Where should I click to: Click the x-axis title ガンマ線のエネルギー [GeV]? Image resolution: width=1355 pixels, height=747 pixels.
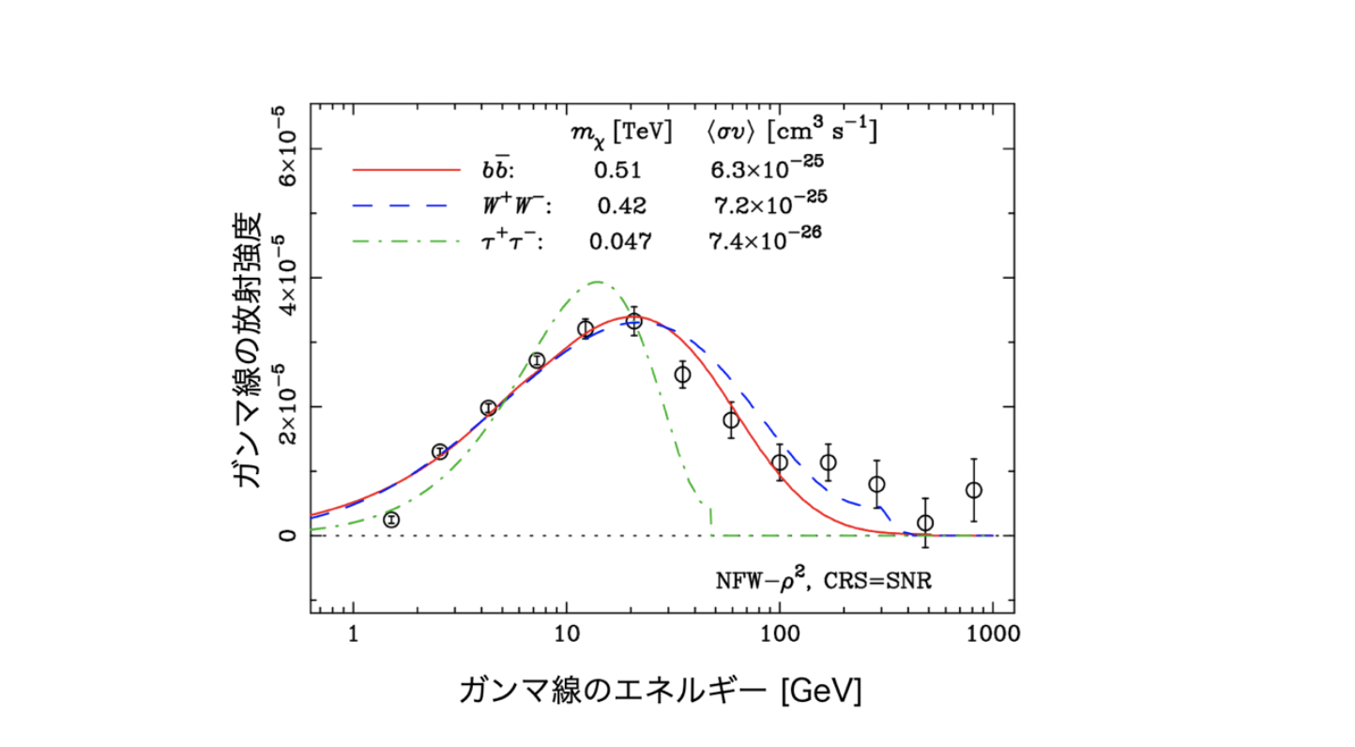660,691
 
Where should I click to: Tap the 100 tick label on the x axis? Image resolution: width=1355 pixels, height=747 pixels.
779,633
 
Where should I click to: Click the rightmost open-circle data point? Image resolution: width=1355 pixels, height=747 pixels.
973,490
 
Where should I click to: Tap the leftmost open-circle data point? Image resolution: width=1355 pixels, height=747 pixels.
391,520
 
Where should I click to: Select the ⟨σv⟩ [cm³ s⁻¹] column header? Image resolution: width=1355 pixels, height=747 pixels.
791,132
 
